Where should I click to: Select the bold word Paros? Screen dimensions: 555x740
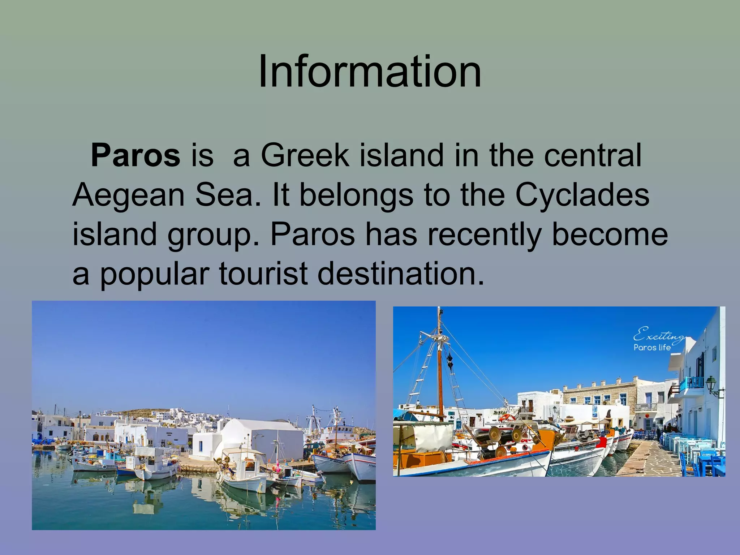click(135, 155)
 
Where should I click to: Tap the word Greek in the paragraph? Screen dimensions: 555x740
click(305, 155)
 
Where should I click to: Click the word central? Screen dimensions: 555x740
click(593, 155)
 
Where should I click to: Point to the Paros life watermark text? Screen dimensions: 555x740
click(652, 348)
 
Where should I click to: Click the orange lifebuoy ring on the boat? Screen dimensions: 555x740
click(508, 417)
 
